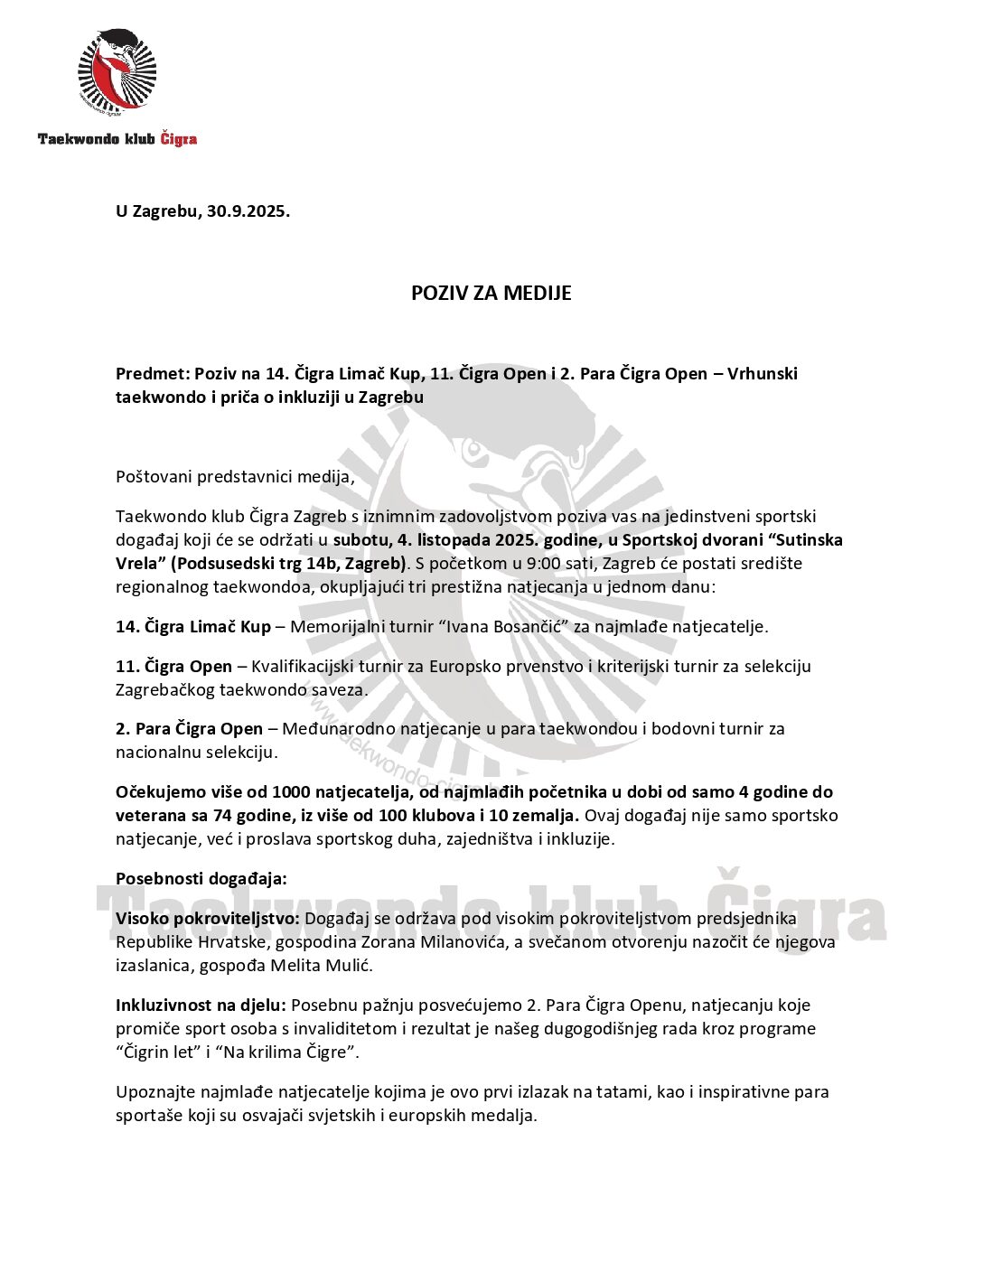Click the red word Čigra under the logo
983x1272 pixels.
point(178,139)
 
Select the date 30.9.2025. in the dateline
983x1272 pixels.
point(248,212)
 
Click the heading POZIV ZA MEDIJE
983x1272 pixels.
point(491,294)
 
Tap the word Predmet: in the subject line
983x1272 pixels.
point(152,374)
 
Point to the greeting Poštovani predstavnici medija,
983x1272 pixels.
point(235,477)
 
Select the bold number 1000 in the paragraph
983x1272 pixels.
point(291,792)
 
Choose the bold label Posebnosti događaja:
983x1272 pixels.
point(201,879)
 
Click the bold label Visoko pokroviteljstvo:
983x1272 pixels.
point(208,919)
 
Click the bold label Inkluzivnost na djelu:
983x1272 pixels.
point(201,1005)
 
